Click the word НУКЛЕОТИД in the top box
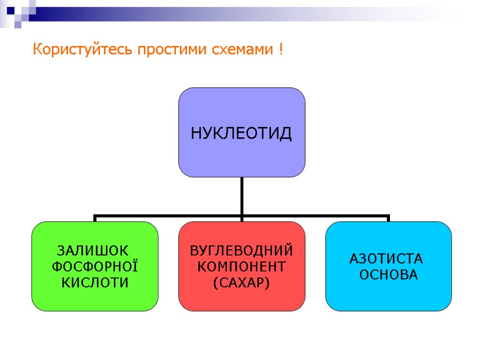[241, 134]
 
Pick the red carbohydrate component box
[241, 300]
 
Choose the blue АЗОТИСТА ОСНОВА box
[389, 295]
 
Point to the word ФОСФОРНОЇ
[95, 266]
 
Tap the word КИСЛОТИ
[95, 283]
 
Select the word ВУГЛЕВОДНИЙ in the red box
[241, 249]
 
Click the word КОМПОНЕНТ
[241, 266]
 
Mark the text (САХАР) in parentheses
[241, 283]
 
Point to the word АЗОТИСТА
[386, 258]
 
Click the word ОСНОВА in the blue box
[388, 275]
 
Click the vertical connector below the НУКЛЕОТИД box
[242, 196]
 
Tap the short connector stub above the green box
[95, 218]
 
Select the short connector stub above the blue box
[389, 218]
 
